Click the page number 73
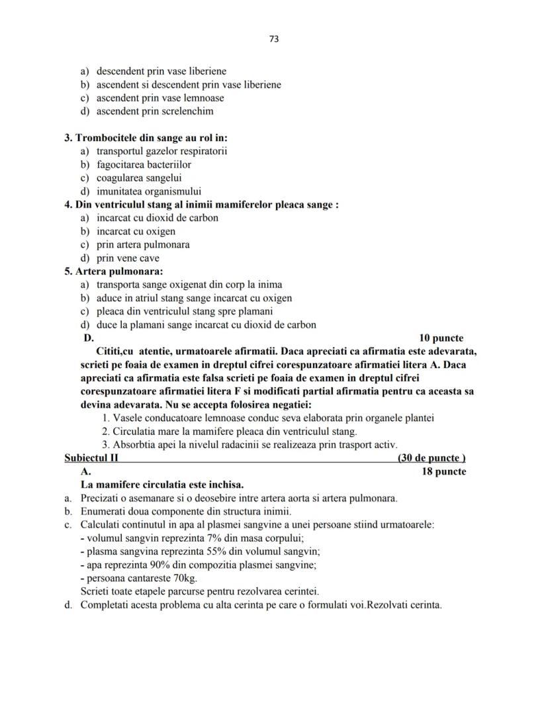pos(274,39)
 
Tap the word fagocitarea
pos(120,164)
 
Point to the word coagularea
pos(119,177)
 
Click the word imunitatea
pos(120,191)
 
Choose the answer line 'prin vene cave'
pos(128,258)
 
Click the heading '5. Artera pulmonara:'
pos(114,271)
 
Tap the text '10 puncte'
pos(441,338)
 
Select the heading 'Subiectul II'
pos(91,458)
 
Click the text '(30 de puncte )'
pos(432,458)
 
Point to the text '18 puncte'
pos(443,471)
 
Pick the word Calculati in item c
pos(101,524)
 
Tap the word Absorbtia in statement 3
pos(132,444)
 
